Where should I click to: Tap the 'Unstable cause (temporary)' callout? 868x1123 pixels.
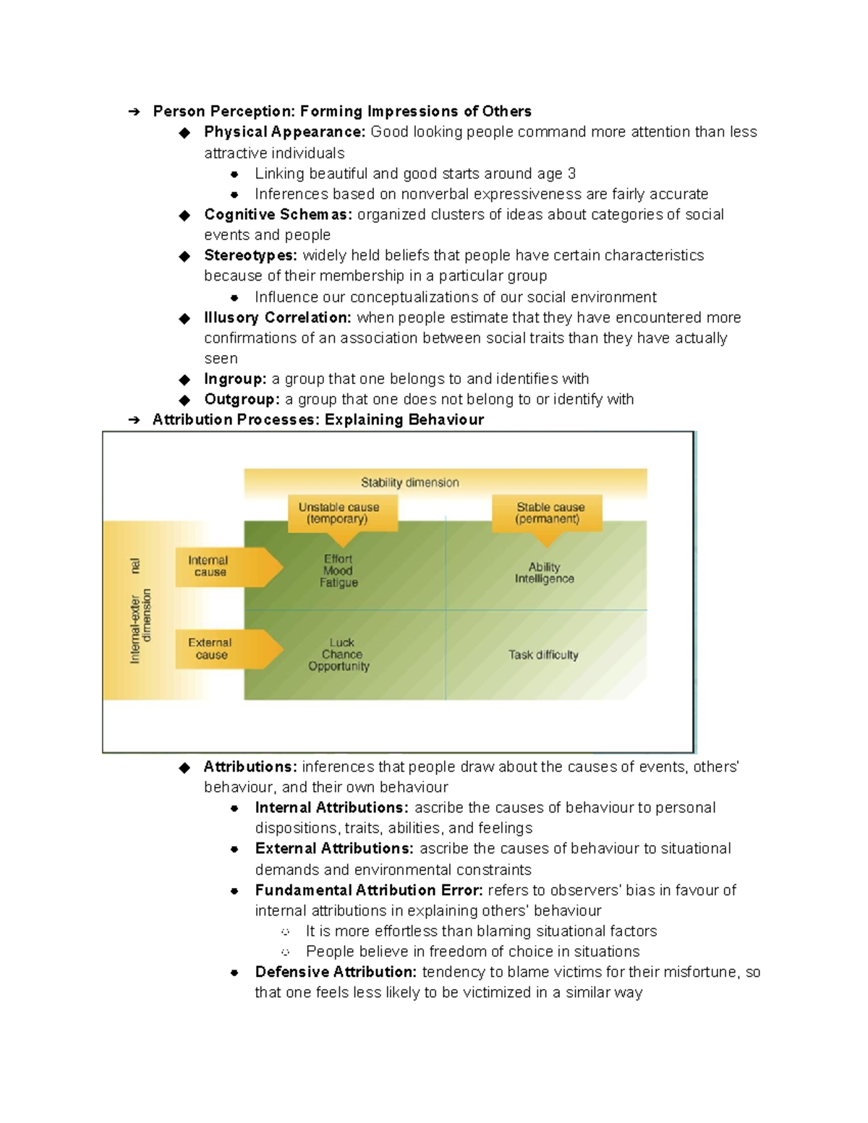pos(339,513)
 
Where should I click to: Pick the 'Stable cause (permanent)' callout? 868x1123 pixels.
pos(550,513)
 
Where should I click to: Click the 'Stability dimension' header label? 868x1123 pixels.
pos(409,482)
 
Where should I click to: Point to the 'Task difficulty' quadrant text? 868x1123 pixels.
pos(543,654)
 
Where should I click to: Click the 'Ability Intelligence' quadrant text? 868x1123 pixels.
pos(544,573)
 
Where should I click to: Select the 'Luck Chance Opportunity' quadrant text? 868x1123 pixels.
pos(339,654)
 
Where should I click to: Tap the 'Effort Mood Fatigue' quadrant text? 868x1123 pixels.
pos(339,571)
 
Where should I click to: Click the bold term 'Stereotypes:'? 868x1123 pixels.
pos(250,255)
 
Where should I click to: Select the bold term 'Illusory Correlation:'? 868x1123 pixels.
pos(278,317)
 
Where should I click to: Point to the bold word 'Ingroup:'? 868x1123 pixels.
pos(235,379)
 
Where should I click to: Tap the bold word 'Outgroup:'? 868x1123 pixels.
pos(242,399)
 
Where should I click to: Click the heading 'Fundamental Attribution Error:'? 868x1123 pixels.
pos(369,890)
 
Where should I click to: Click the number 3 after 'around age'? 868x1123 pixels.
pos(571,174)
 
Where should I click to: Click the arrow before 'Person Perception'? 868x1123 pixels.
pos(134,111)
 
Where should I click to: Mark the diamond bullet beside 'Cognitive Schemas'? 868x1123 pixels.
pos(184,215)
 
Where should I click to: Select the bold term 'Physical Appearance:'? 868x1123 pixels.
pos(284,132)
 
